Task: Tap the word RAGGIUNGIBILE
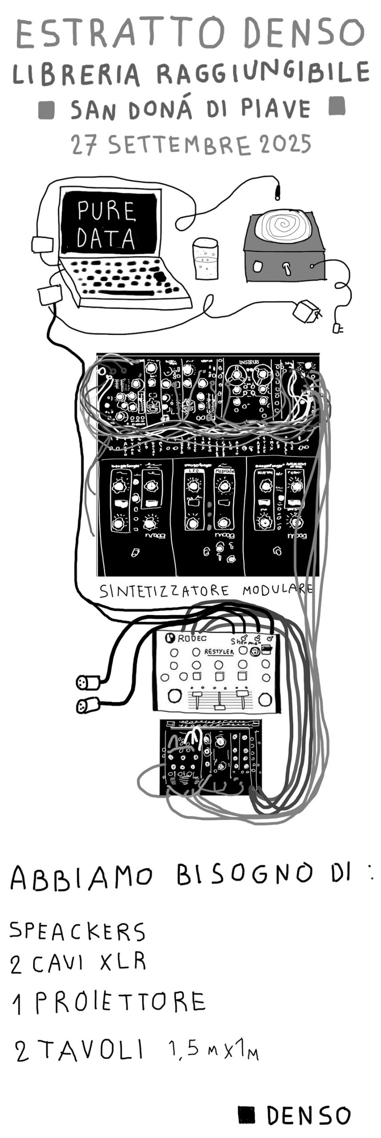coord(262,73)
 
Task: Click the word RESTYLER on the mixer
coord(219,652)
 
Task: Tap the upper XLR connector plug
coord(87,681)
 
